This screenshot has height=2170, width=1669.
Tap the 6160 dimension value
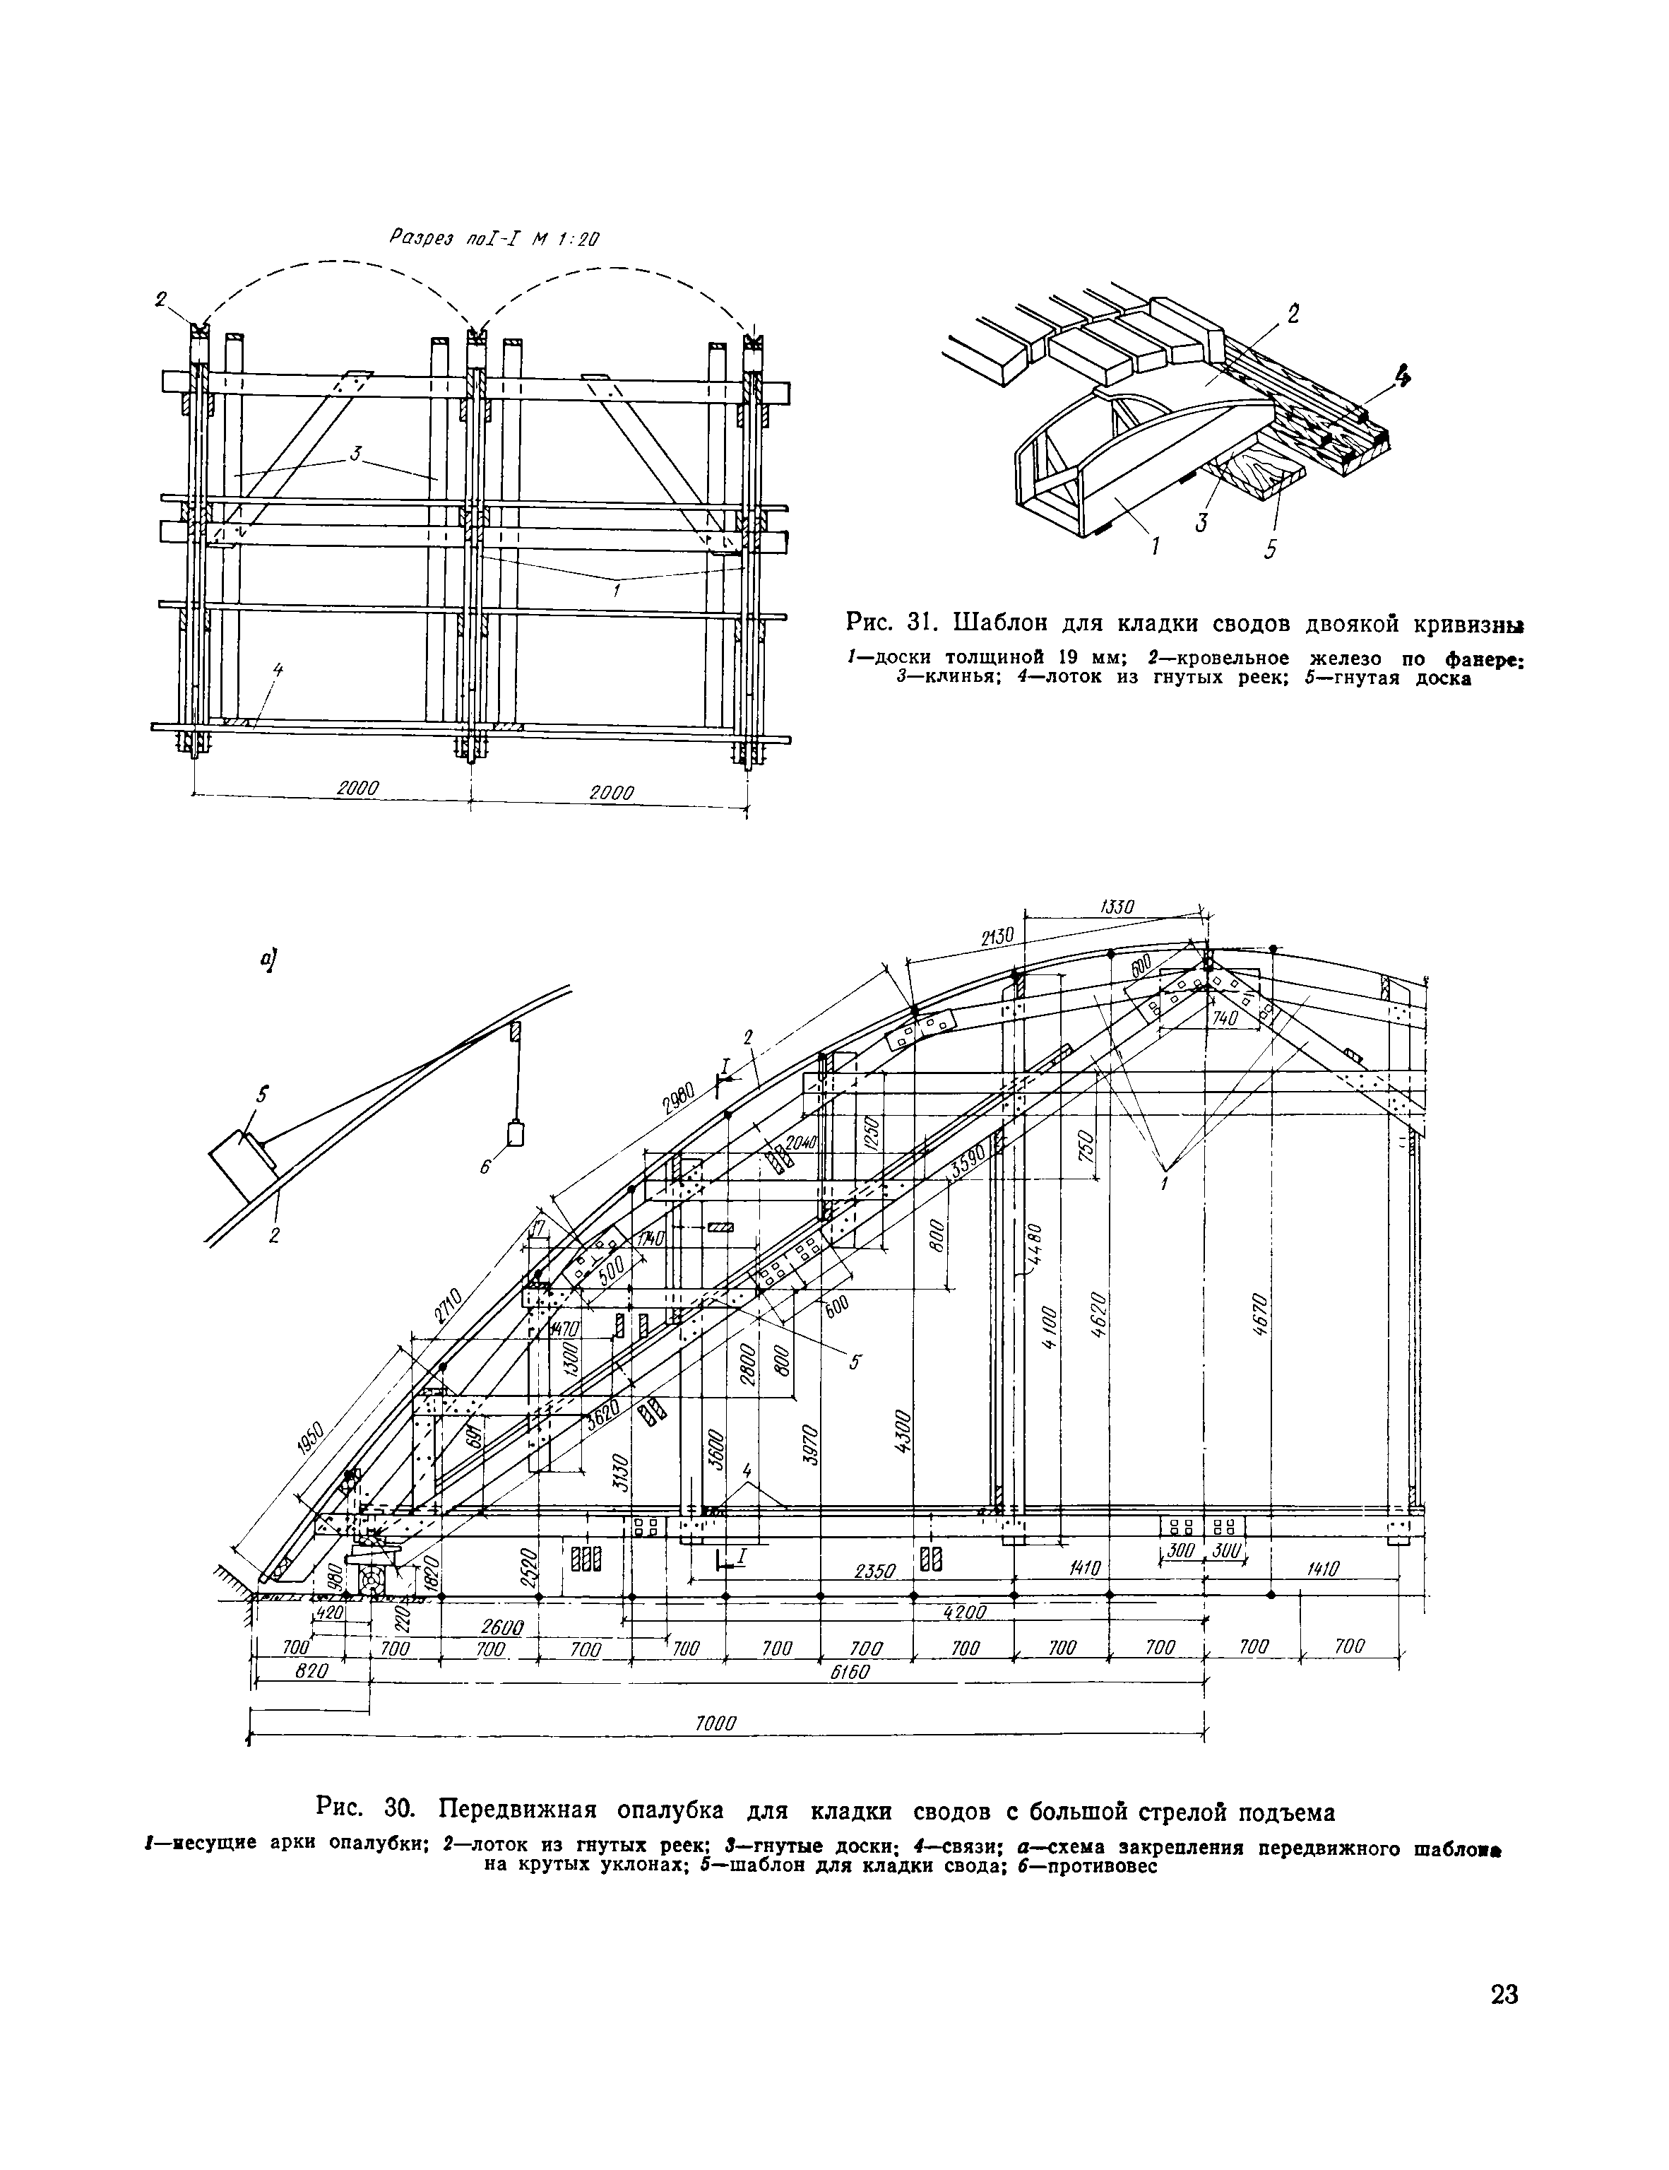[850, 1673]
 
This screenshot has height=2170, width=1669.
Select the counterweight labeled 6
[515, 1133]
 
